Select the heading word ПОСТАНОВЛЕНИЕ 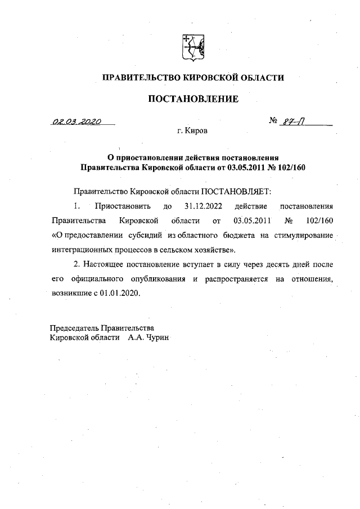click(x=193, y=100)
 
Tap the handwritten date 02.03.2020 click(x=74, y=121)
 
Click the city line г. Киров click(x=192, y=131)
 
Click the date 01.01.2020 click(x=121, y=293)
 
